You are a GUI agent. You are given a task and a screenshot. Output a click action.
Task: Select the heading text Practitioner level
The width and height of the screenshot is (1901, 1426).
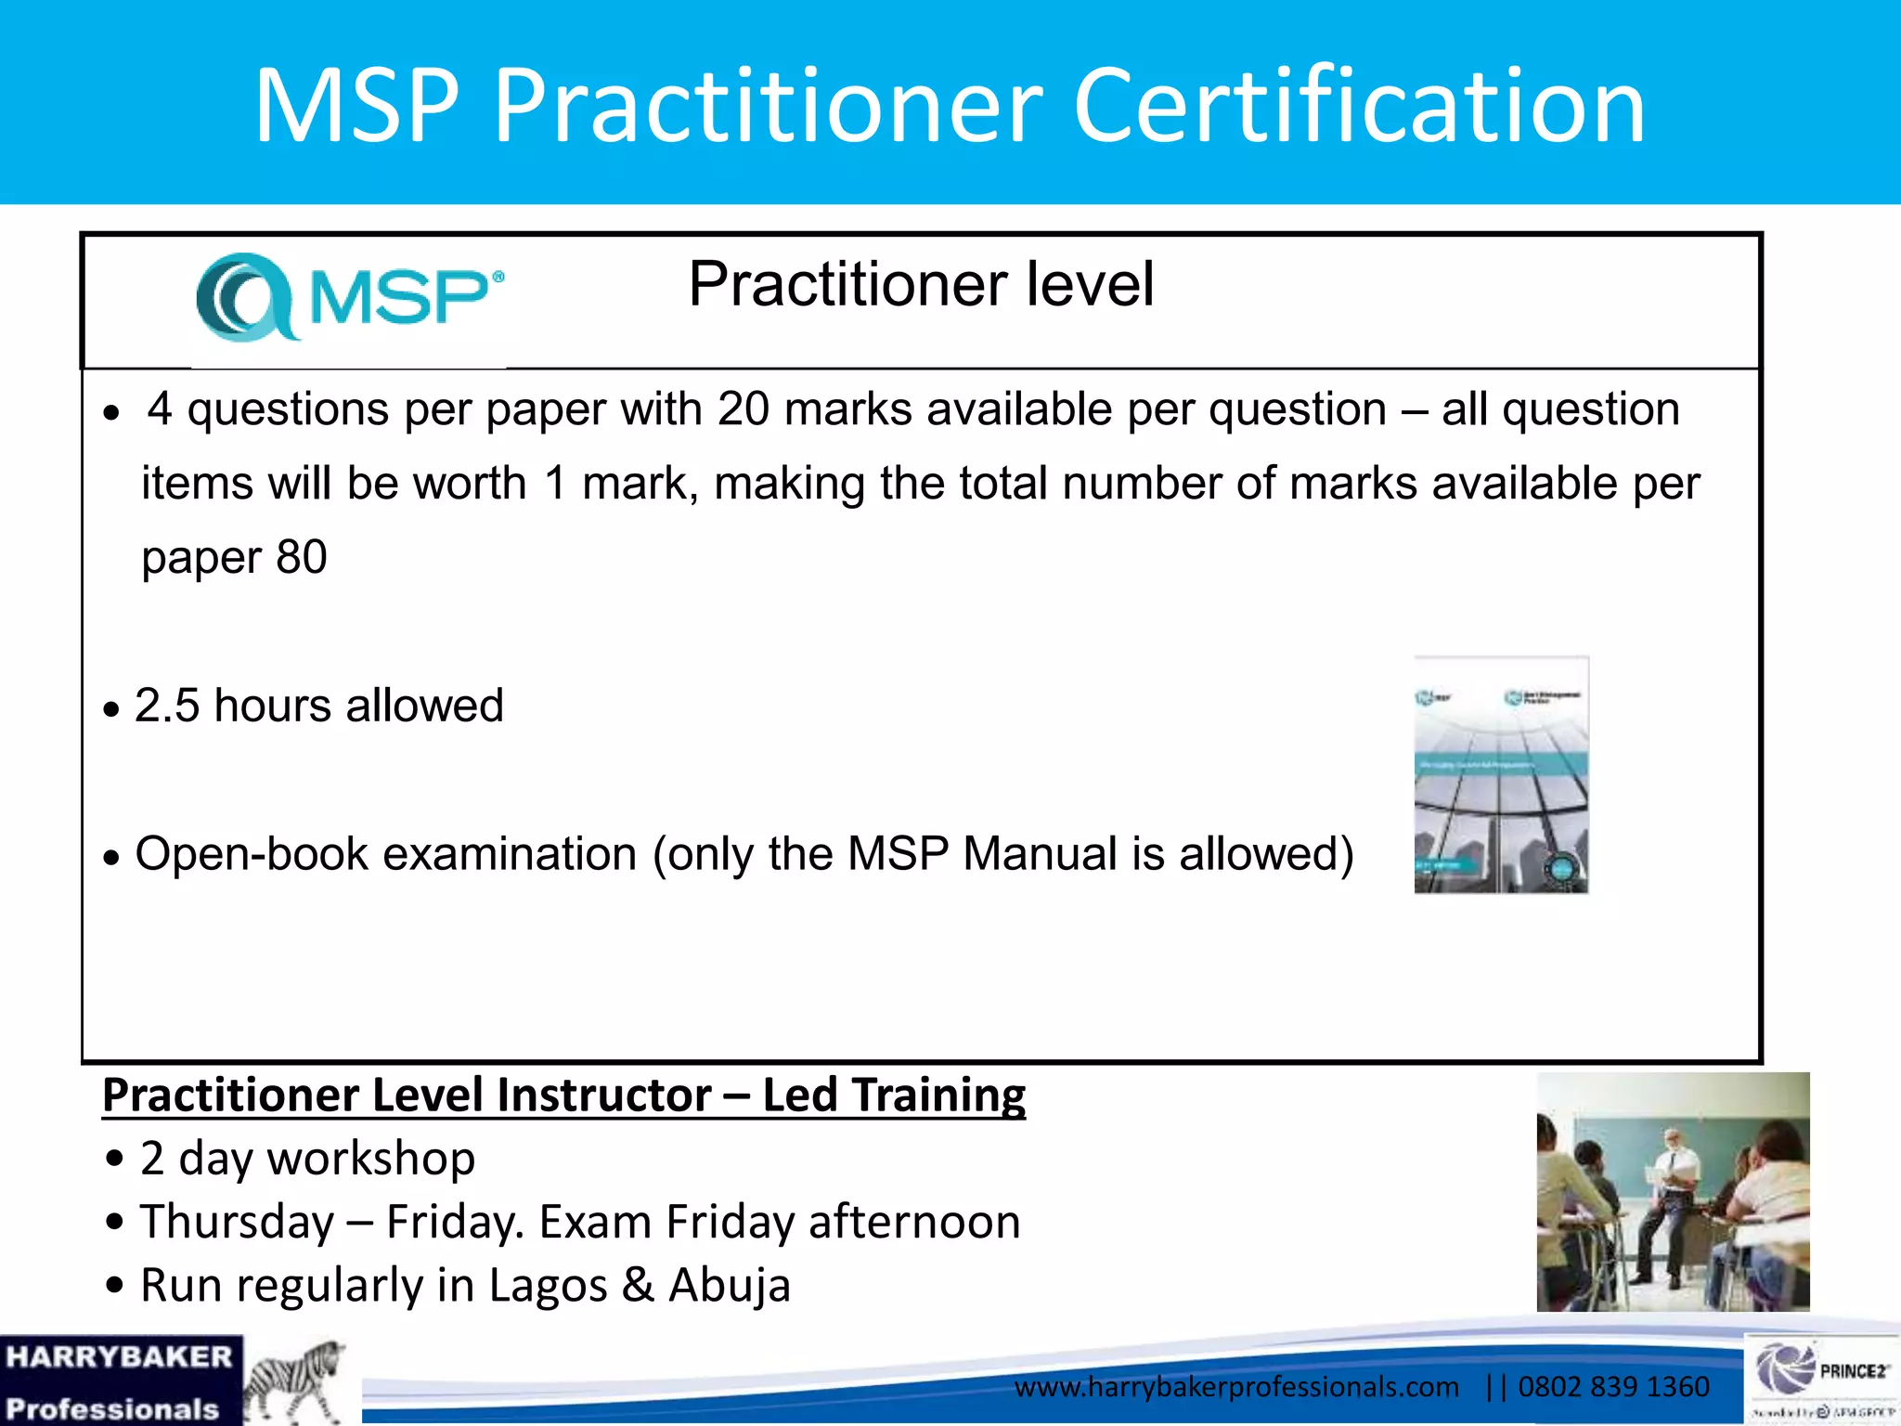coord(921,284)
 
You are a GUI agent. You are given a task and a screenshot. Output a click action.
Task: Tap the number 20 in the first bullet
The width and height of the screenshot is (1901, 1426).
coord(743,409)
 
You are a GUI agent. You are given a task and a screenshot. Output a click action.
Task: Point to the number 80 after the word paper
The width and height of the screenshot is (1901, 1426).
coord(302,558)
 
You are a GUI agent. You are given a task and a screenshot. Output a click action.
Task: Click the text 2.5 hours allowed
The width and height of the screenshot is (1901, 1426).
coord(318,706)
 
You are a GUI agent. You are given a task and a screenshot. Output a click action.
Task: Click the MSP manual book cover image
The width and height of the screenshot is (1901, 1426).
coord(1501,774)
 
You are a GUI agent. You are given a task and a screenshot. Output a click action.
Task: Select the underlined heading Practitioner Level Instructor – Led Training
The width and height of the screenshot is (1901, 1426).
coord(563,1095)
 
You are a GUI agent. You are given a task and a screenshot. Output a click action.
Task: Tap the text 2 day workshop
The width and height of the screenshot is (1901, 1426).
coord(307,1159)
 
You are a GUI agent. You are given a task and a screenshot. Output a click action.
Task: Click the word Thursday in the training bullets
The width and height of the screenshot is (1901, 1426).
coord(237,1222)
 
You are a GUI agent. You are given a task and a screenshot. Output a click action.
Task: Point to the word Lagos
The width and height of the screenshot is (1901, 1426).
coord(548,1286)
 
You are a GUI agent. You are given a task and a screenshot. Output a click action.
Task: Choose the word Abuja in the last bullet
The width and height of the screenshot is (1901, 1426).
coord(730,1286)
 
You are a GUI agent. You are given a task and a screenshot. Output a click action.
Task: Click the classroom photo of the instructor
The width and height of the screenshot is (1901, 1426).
coord(1673,1192)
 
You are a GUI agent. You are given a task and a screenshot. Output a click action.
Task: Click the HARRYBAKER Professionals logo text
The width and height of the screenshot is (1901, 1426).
coord(119,1381)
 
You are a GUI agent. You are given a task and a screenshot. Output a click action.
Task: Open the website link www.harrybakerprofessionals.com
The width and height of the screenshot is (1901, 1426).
coord(1236,1387)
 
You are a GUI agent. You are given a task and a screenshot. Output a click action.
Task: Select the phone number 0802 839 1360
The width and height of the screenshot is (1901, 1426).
coord(1613,1387)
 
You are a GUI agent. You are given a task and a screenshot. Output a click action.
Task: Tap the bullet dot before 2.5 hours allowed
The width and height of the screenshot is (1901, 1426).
coord(112,710)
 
